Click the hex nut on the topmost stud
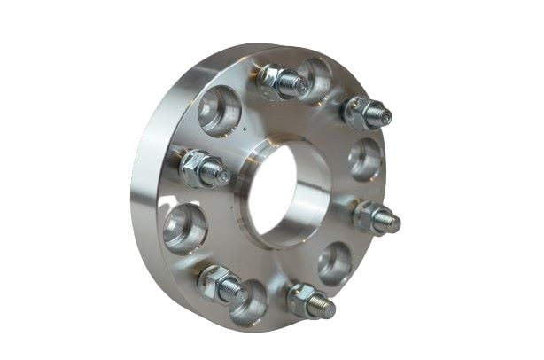273,79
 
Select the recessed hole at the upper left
218,111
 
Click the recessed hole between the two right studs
365,160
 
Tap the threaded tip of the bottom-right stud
327,309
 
